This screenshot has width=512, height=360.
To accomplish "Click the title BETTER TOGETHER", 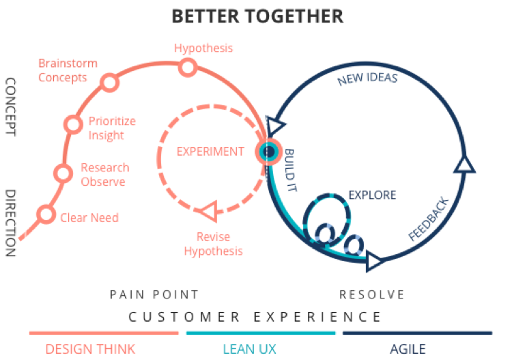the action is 257,16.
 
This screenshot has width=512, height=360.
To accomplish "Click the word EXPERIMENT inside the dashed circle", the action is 210,152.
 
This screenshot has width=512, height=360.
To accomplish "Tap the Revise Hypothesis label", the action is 213,244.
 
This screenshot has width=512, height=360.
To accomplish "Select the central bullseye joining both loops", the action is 268,152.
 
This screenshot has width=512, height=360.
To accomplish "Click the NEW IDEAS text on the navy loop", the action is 367,79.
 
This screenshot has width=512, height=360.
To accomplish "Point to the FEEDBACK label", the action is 429,219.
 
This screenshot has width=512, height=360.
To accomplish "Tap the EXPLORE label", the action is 372,195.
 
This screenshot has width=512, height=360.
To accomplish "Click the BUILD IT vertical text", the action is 289,170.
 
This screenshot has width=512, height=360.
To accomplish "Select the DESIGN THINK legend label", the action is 90,349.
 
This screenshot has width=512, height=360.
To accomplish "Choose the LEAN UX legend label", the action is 249,349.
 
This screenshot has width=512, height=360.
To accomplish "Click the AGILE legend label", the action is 408,349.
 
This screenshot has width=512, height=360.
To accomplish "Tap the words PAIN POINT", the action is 154,294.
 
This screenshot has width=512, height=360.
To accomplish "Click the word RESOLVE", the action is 372,294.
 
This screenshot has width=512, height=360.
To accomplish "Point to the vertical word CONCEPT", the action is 10,107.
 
